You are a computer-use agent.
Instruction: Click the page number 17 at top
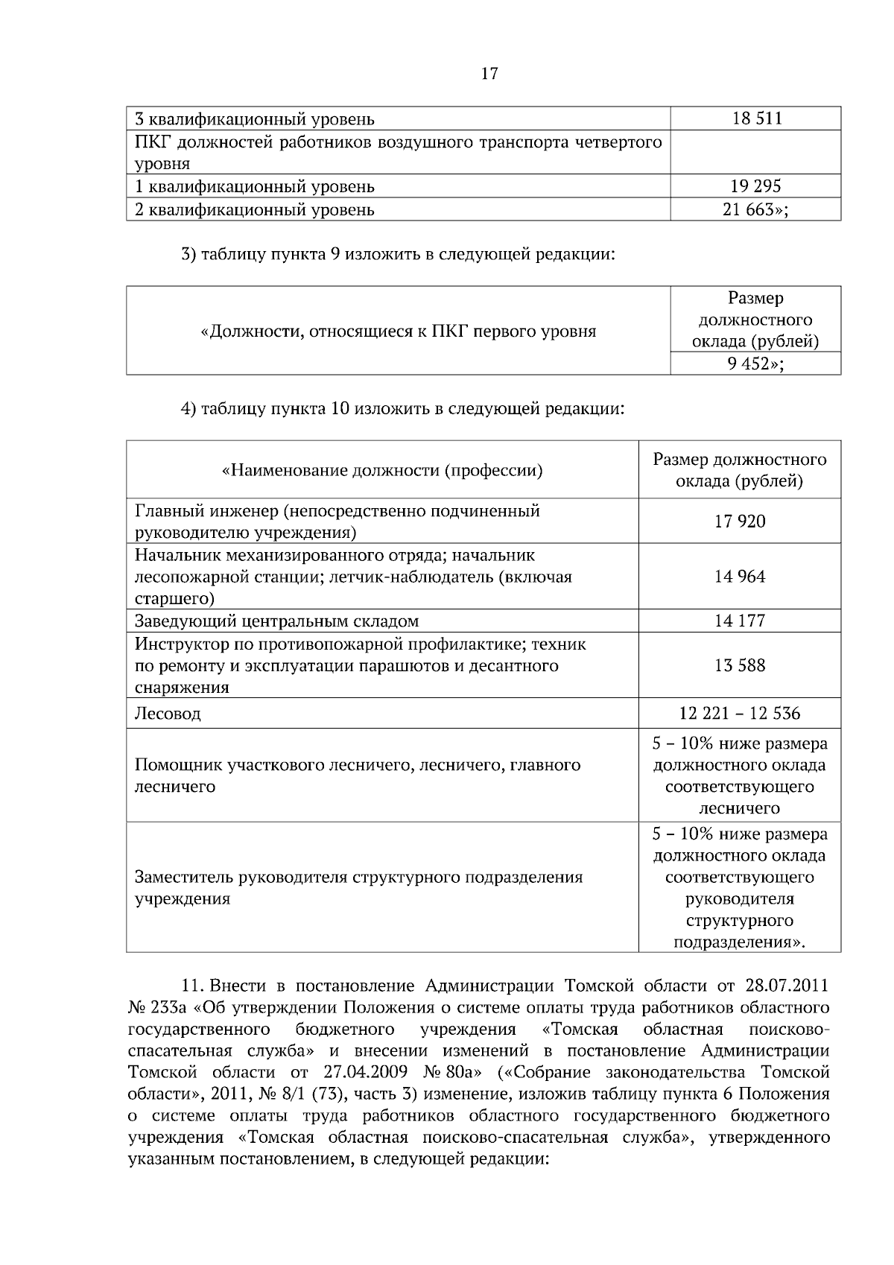click(x=489, y=74)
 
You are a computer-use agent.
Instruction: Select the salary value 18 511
click(x=756, y=119)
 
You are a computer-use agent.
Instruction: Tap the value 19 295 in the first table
click(x=756, y=186)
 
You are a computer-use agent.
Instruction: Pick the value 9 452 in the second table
click(x=755, y=364)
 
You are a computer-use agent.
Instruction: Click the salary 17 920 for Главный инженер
click(x=740, y=521)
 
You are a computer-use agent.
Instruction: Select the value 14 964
click(x=740, y=577)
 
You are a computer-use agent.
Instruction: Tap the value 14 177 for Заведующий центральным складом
click(x=740, y=621)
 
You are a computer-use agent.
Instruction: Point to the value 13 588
click(x=740, y=665)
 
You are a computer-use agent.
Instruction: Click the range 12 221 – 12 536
click(x=740, y=714)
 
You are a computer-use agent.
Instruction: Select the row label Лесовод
click(x=168, y=714)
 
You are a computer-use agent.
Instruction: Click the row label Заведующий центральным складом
click(x=276, y=621)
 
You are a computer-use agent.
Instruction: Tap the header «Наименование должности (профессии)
click(x=382, y=471)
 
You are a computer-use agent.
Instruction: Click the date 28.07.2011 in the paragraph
click(x=787, y=986)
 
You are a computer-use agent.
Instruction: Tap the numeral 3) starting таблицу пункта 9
click(x=188, y=254)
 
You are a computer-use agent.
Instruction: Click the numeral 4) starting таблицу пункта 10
click(x=188, y=409)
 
